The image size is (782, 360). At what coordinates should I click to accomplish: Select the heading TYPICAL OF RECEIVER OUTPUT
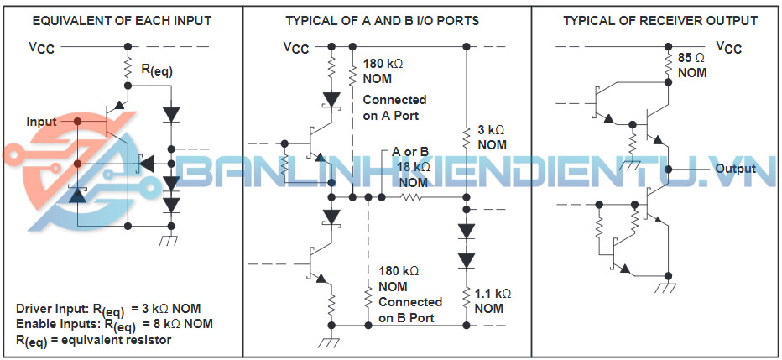click(660, 20)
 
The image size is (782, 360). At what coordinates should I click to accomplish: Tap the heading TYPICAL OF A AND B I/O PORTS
click(383, 20)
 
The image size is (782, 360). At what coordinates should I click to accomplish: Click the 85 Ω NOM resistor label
click(691, 65)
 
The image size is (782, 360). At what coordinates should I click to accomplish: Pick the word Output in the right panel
click(736, 170)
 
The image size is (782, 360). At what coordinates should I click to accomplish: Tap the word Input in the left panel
click(41, 122)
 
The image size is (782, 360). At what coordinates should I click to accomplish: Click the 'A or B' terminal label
click(411, 152)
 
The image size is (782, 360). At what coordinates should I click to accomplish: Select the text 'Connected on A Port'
click(394, 107)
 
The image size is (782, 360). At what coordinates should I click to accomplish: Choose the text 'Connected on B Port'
click(410, 310)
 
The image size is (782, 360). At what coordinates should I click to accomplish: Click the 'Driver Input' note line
click(108, 308)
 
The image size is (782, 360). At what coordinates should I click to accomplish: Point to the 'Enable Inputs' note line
click(114, 323)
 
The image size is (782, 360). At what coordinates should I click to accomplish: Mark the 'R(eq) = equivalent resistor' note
click(93, 339)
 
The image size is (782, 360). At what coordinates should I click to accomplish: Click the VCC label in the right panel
click(729, 48)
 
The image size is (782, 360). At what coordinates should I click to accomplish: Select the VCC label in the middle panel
click(296, 48)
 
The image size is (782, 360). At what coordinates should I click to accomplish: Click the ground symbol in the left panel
click(171, 240)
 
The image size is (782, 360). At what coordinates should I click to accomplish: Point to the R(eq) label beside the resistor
click(157, 73)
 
